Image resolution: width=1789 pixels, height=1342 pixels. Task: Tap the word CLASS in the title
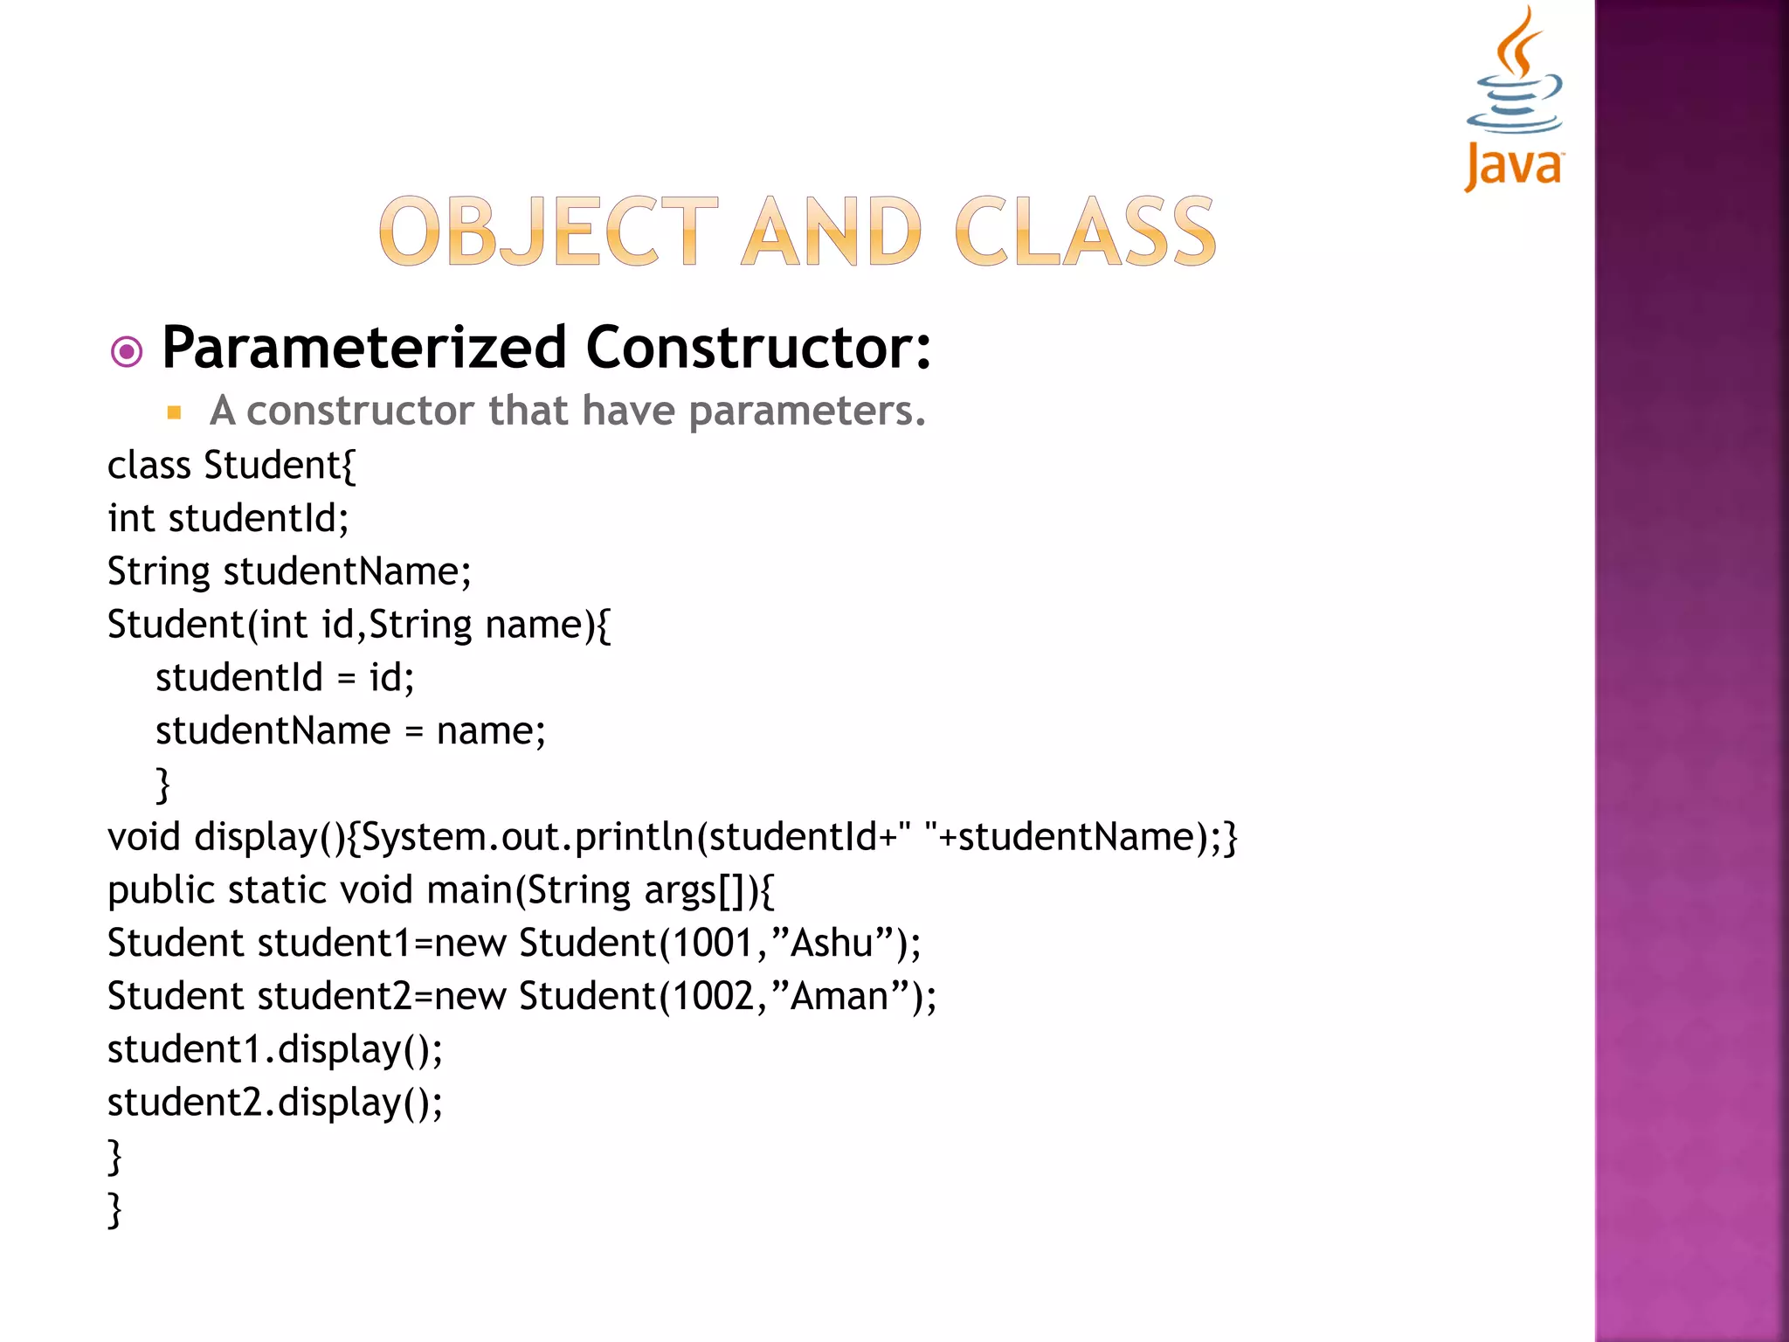click(1085, 232)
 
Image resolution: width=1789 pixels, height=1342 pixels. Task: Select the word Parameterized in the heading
click(364, 348)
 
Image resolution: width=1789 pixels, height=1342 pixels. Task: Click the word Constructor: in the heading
click(758, 348)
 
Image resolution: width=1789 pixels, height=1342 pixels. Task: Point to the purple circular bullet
click(127, 352)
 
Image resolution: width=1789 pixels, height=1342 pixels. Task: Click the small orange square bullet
click(174, 412)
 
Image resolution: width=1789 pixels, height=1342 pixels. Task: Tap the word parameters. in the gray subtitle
click(807, 411)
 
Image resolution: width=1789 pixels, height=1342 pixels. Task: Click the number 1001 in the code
click(713, 944)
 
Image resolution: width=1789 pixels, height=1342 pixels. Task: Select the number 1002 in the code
click(713, 997)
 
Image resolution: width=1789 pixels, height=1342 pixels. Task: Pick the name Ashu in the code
click(832, 944)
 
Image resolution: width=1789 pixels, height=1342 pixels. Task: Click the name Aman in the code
click(839, 997)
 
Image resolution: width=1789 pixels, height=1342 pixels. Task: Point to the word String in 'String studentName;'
click(159, 572)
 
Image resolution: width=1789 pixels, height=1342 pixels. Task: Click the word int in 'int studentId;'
click(131, 519)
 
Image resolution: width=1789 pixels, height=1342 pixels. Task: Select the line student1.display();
click(275, 1050)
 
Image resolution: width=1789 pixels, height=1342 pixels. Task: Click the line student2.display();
click(275, 1103)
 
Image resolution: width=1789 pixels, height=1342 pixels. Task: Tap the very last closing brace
click(114, 1210)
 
